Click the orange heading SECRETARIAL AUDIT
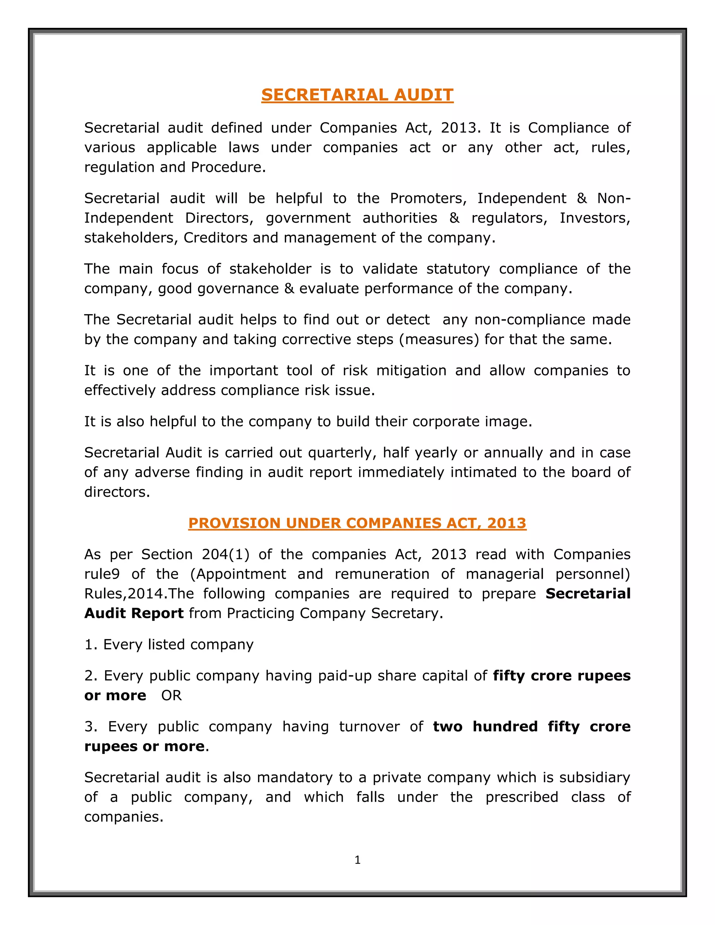357,95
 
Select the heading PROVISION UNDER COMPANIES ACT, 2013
357,523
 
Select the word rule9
102,574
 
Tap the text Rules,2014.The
139,593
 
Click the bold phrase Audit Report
134,613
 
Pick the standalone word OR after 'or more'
171,695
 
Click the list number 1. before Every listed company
91,645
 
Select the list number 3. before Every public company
91,726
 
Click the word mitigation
411,371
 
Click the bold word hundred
505,726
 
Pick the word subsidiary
594,777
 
